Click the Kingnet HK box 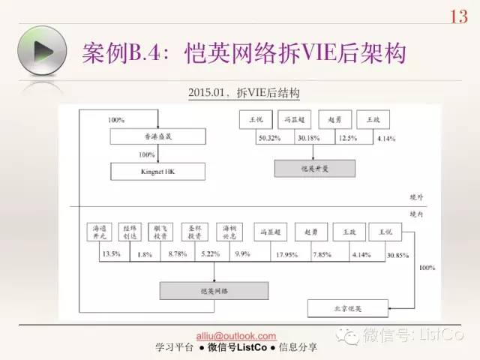(157, 171)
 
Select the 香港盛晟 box (157, 137)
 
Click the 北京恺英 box (348, 307)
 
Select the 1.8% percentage (146, 254)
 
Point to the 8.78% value (178, 254)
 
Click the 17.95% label (267, 254)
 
